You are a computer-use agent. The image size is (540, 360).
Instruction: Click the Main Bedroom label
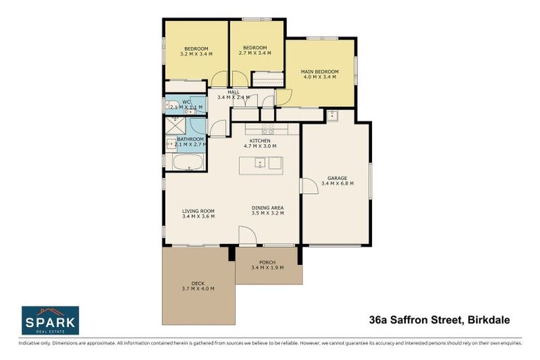click(320, 72)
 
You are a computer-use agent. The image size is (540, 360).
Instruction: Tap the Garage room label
click(337, 178)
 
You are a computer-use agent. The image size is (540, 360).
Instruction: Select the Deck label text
click(198, 283)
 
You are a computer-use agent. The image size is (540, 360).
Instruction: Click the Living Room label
click(198, 211)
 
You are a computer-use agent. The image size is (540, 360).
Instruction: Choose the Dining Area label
click(267, 208)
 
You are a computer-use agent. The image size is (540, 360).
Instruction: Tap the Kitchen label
click(259, 141)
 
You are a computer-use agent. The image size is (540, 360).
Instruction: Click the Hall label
click(233, 92)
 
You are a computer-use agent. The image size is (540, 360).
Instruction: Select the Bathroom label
click(190, 139)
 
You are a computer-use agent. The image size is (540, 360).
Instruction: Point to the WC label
click(186, 102)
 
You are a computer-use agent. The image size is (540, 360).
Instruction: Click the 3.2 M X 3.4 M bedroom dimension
click(195, 53)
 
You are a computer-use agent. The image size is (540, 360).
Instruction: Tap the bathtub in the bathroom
click(188, 165)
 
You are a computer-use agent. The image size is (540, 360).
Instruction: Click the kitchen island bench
click(260, 165)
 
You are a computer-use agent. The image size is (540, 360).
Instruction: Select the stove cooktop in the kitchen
click(268, 129)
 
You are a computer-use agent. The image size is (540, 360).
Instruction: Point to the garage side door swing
click(308, 186)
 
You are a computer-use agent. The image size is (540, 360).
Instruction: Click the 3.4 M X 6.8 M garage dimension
click(337, 184)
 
